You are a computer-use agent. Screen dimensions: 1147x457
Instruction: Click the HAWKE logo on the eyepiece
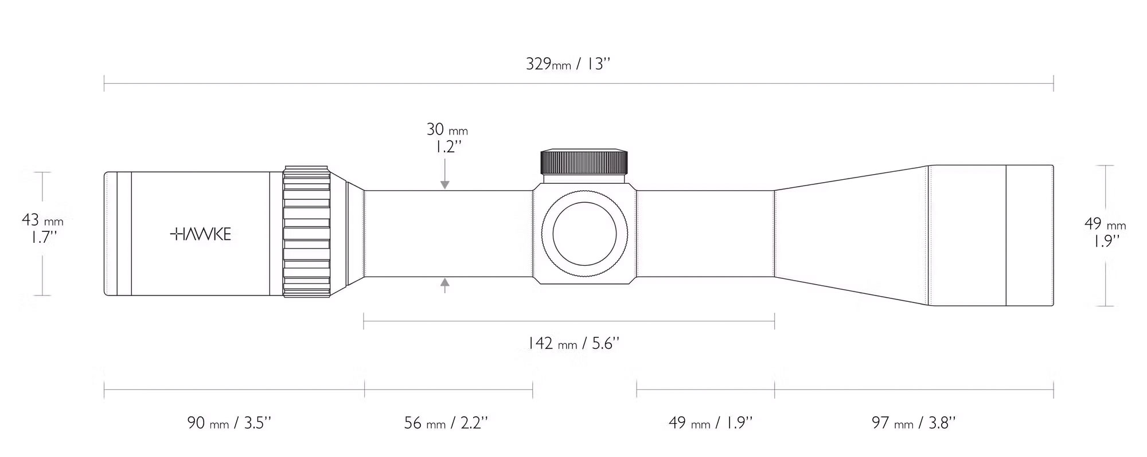(x=201, y=234)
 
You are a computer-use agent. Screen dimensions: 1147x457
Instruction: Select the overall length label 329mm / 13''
(x=567, y=64)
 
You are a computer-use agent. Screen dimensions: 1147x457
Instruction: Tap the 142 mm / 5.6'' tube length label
(x=573, y=343)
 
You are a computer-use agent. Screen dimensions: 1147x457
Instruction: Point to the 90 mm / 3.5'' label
(x=229, y=423)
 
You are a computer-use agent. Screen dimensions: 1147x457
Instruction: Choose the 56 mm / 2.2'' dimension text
(x=446, y=423)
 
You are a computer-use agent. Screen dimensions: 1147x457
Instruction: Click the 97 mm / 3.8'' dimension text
(x=914, y=423)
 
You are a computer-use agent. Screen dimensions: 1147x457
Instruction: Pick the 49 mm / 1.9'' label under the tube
(x=710, y=423)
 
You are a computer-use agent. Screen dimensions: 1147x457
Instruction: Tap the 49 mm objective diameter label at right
(x=1105, y=223)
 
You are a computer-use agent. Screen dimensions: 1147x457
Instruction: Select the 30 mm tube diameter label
(x=447, y=129)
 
